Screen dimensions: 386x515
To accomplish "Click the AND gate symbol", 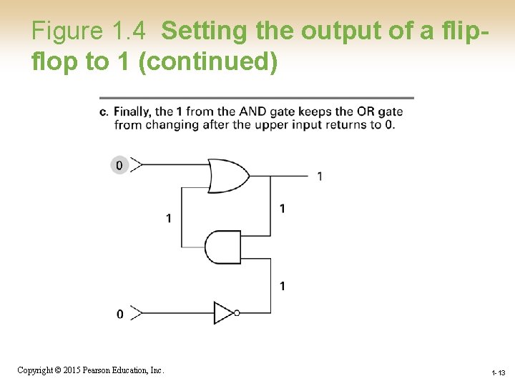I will pyautogui.click(x=222, y=247).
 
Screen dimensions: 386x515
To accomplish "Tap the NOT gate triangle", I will pyautogui.click(x=223, y=312).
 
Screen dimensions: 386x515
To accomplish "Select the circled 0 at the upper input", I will pyautogui.click(x=119, y=166).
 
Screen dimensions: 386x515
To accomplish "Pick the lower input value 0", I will pyautogui.click(x=119, y=314).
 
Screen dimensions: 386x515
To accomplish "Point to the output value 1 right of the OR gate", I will pyautogui.click(x=320, y=176).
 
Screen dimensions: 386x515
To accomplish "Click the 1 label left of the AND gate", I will pyautogui.click(x=169, y=218).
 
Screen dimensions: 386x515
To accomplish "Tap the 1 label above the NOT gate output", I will pyautogui.click(x=283, y=286).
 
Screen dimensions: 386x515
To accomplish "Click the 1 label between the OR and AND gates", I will pyautogui.click(x=283, y=209).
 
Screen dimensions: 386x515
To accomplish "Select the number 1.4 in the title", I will pyautogui.click(x=129, y=31).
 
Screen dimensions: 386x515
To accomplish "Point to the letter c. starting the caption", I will pyautogui.click(x=104, y=112).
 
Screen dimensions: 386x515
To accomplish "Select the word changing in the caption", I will pyautogui.click(x=172, y=124).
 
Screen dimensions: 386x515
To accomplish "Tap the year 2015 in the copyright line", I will pyautogui.click(x=72, y=370).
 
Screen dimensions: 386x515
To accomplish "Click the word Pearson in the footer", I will pyautogui.click(x=99, y=370).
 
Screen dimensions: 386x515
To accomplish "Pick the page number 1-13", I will pyautogui.click(x=499, y=373).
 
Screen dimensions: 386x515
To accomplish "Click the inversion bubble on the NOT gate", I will pyautogui.click(x=237, y=312).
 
